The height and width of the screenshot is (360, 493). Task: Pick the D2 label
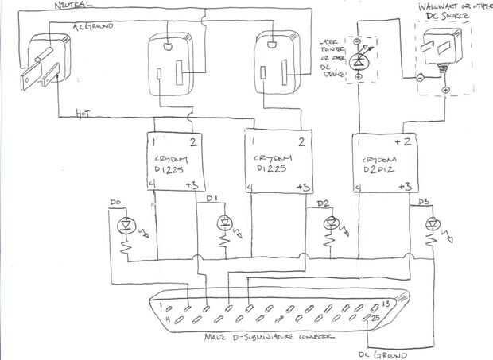(323, 203)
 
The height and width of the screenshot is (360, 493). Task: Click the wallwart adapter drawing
(443, 51)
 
